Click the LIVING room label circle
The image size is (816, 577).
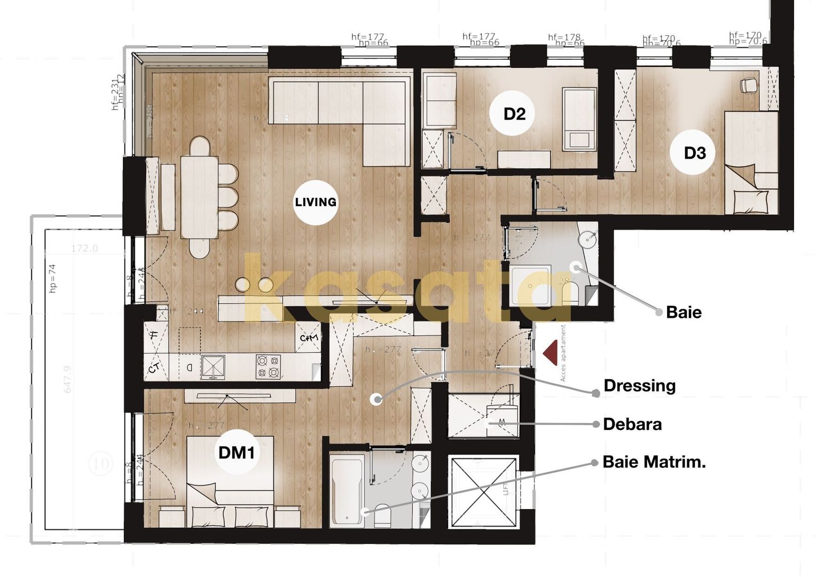click(x=316, y=202)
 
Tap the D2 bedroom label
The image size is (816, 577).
click(x=514, y=114)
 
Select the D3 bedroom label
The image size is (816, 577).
click(x=695, y=153)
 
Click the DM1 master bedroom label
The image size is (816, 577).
click(x=237, y=453)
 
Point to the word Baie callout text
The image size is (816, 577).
click(x=684, y=313)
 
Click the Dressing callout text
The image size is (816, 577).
click(x=639, y=386)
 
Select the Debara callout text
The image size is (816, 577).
click(x=632, y=424)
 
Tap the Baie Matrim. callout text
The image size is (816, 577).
click(x=654, y=462)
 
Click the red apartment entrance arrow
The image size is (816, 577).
click(x=550, y=354)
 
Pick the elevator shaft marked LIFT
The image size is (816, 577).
click(x=483, y=491)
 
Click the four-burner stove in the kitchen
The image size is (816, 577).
click(x=268, y=367)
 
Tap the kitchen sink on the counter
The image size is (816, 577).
click(x=213, y=367)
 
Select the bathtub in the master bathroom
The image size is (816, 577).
click(x=347, y=490)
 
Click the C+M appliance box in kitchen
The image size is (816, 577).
click(x=309, y=338)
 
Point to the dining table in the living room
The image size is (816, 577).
click(x=199, y=197)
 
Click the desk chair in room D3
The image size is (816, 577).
click(x=748, y=84)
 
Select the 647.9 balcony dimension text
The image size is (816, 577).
click(x=68, y=379)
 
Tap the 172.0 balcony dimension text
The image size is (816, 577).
click(x=84, y=248)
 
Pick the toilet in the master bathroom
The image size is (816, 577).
click(x=382, y=515)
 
